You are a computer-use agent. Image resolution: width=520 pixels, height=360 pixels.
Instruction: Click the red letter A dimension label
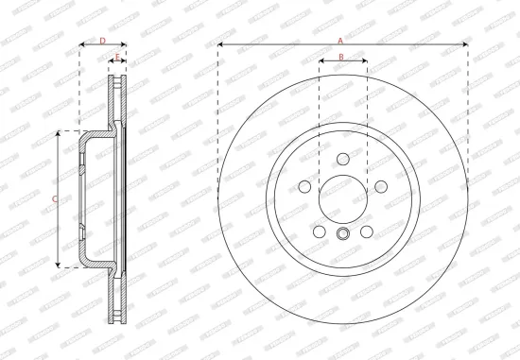340,39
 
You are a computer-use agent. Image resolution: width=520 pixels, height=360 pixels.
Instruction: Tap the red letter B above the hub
342,58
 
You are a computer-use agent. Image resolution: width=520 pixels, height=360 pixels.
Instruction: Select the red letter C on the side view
55,198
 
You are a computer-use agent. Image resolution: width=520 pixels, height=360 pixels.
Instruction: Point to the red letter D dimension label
102,40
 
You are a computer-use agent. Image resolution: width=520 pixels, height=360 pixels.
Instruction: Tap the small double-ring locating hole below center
342,233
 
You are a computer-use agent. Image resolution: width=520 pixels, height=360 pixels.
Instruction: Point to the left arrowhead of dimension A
219,44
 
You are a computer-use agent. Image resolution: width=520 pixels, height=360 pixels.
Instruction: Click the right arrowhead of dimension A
465,44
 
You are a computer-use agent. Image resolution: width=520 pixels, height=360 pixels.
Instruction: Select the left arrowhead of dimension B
321,63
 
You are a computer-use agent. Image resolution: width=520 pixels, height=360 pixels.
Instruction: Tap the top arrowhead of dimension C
60,133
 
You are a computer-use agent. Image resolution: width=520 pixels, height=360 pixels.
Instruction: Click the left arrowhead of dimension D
80,45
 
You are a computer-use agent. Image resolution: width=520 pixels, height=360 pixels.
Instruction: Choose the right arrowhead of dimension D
125,45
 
